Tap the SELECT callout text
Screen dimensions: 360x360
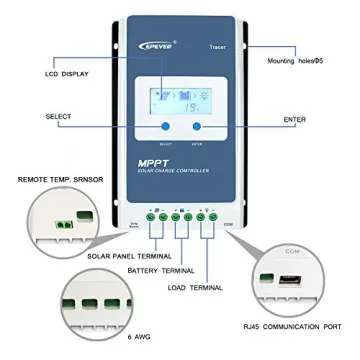(31, 117)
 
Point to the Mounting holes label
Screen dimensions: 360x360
(306, 62)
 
